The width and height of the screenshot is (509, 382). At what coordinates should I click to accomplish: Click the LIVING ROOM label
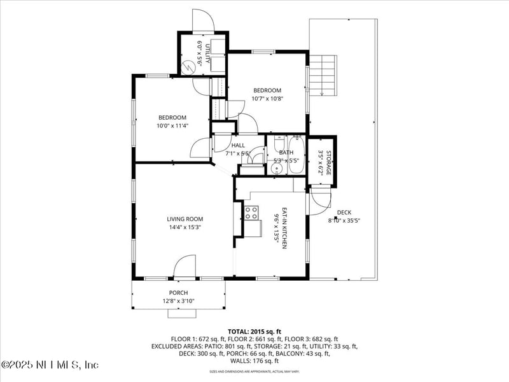[185, 219]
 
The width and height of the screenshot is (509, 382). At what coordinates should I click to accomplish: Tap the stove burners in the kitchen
[251, 213]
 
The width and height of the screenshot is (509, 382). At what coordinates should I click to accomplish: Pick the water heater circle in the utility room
[189, 66]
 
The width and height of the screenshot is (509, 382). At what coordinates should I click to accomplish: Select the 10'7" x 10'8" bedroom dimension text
[267, 99]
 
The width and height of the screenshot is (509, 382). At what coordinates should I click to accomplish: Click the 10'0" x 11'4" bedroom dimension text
[172, 126]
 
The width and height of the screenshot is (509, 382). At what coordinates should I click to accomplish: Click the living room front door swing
[185, 266]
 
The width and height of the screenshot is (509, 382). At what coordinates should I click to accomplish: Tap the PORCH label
[178, 293]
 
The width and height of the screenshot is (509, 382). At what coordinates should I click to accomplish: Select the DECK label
[344, 213]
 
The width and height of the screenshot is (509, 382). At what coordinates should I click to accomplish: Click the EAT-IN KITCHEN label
[285, 228]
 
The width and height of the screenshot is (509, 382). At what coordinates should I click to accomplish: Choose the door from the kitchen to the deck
[318, 202]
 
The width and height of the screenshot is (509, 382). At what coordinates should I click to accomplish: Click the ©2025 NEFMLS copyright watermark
[50, 365]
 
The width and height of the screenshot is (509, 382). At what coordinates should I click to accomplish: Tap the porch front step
[182, 313]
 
